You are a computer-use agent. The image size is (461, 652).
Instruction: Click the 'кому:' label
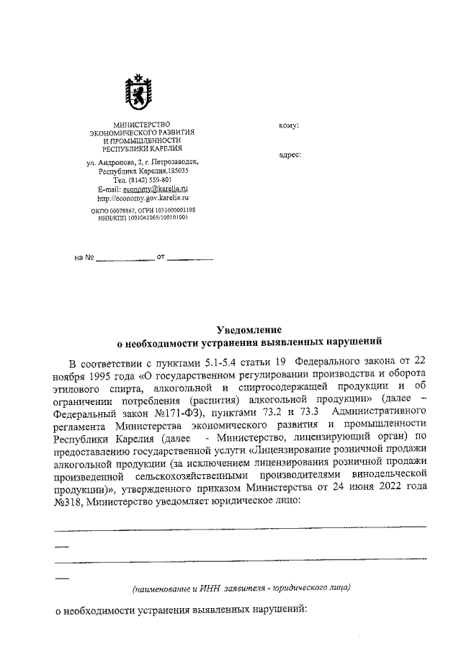pos(288,125)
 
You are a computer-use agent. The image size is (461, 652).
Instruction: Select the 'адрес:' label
pos(290,154)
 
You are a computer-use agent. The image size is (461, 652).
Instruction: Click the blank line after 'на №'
pos(126,256)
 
